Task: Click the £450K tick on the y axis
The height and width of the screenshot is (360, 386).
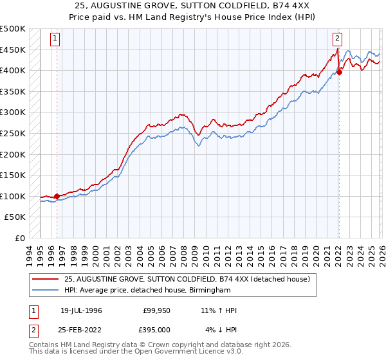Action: (x=13, y=50)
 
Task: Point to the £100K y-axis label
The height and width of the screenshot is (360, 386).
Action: (x=13, y=196)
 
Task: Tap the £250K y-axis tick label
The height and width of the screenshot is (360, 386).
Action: (x=13, y=133)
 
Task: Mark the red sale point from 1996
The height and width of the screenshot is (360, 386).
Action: (x=57, y=197)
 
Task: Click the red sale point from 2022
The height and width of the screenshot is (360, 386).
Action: (x=339, y=73)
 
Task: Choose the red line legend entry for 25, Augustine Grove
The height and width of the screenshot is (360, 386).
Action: (x=187, y=279)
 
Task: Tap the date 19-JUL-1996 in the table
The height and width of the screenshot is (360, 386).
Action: (x=81, y=310)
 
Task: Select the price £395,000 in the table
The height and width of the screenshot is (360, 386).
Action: (x=156, y=330)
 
